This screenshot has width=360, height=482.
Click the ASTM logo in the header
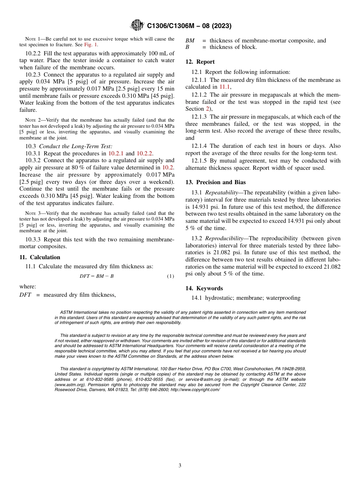[x=137, y=25]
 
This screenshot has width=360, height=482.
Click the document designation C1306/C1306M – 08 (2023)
[x=189, y=26]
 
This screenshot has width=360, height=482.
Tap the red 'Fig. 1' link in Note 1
[x=91, y=44]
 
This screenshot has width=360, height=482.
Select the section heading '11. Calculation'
[x=40, y=257]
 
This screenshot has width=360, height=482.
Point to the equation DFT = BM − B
[x=97, y=276]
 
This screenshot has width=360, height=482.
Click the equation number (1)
[x=171, y=276]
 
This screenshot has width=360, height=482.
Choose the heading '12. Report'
[x=200, y=62]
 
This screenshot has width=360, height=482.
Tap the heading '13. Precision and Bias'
[x=215, y=182]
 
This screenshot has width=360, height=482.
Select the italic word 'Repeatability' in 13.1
[x=221, y=192]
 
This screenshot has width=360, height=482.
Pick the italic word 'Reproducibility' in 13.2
[x=224, y=238]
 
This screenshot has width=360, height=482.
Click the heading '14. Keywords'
[x=204, y=288]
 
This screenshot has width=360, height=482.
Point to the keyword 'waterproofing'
[x=283, y=298]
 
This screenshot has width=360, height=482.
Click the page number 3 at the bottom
[x=180, y=465]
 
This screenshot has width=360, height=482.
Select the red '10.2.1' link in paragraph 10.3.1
[x=116, y=153]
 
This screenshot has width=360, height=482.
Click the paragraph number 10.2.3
[x=34, y=75]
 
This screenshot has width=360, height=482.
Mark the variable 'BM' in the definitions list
[x=190, y=41]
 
